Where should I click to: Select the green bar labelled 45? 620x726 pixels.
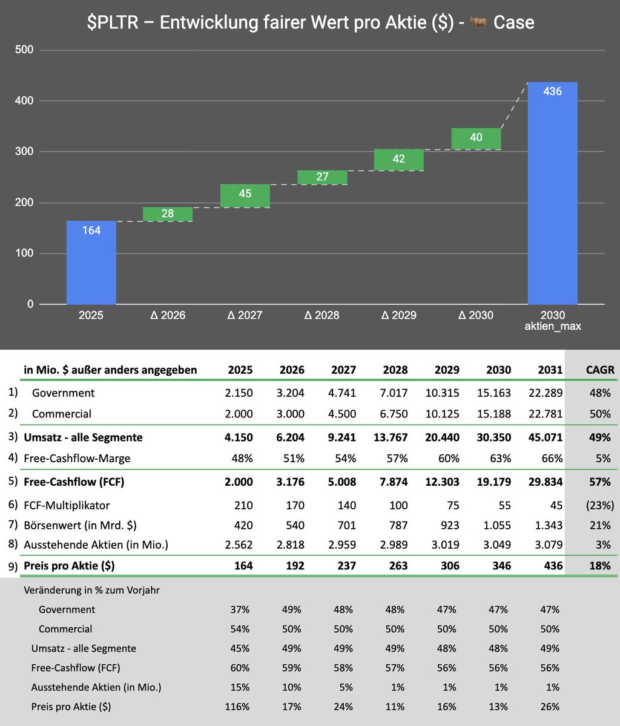coord(245,195)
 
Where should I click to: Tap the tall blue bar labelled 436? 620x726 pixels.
coord(552,193)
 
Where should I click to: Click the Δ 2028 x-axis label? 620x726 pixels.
coord(322,315)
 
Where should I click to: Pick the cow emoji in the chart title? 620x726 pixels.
coord(478,23)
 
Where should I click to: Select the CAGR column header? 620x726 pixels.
coord(600,370)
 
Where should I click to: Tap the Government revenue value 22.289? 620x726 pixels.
coord(546,393)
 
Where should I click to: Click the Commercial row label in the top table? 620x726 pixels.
coord(62,414)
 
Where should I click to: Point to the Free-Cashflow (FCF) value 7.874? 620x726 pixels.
coord(391,482)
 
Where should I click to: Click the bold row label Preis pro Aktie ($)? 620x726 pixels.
coord(69,566)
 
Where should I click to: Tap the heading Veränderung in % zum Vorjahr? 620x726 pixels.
coord(91,590)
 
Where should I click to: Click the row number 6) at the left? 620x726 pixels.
coord(13,504)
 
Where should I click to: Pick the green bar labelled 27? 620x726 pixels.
coord(322,177)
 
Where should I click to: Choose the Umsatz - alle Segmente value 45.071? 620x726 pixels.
coord(546,437)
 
